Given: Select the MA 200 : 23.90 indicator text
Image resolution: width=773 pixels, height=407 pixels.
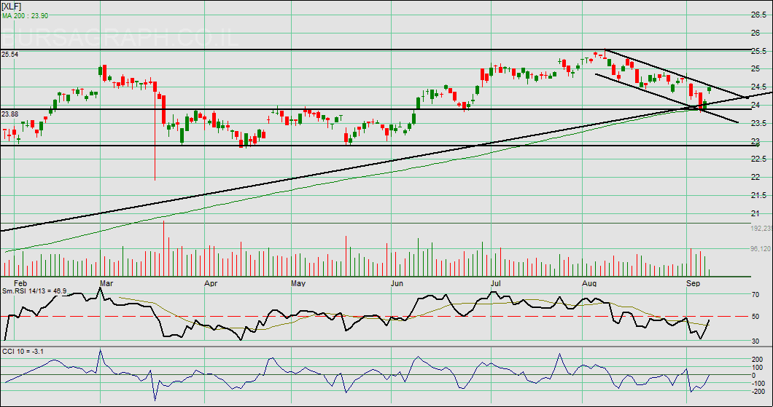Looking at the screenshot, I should point(25,15).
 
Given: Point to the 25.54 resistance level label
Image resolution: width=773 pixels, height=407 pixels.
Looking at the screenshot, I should point(9,54).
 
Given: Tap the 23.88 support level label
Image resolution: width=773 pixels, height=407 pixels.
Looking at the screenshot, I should point(9,114).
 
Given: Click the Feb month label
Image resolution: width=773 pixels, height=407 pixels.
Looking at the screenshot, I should point(21,282).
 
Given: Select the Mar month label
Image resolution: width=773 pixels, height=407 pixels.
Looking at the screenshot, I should point(106,282).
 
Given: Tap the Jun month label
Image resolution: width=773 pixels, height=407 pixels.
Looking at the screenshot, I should point(398,282).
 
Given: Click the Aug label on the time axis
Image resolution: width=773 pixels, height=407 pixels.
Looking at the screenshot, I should point(591,282).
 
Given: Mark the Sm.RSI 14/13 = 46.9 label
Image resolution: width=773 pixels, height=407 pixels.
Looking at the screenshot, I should point(35,291).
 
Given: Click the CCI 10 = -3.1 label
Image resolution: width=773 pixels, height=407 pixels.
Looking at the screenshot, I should point(23,352).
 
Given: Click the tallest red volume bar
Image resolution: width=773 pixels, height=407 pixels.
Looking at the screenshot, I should point(163,248).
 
